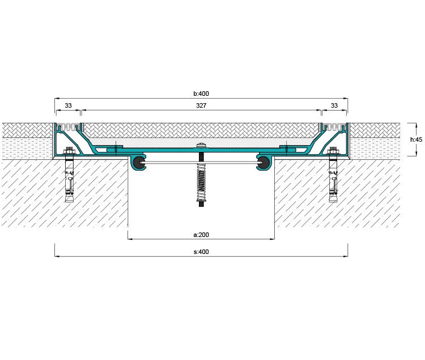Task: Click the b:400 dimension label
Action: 201,94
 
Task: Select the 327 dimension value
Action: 201,105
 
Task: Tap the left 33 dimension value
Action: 68,105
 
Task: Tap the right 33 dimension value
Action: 334,105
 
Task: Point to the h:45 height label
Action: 416,139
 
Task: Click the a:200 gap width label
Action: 201,235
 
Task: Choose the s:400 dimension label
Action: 201,252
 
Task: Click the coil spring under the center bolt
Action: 201,182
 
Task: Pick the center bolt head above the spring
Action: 201,146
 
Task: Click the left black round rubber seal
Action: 139,163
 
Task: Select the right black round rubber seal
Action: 263,163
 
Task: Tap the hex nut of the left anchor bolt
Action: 69,151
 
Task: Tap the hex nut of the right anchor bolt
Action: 333,151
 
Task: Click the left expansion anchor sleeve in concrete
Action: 69,181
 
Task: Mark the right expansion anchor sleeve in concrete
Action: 333,181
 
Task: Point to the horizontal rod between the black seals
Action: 201,163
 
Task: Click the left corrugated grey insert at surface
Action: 69,127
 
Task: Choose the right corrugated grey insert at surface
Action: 334,127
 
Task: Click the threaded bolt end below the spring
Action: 201,204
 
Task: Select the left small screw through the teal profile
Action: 116,149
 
